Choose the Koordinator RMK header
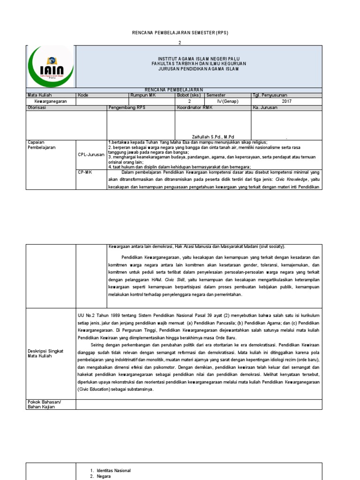tap(195, 107)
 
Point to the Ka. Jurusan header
tap(265, 107)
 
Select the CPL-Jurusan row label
tap(91, 154)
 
